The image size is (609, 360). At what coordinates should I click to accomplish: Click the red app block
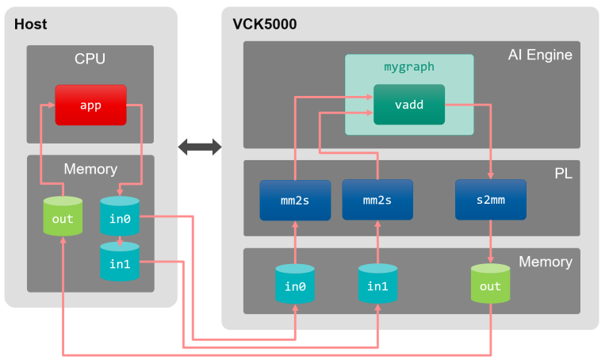(x=90, y=105)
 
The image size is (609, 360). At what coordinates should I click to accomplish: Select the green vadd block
(x=408, y=104)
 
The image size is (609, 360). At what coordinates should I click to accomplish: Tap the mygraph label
(x=408, y=67)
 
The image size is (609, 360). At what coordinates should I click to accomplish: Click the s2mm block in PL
(x=490, y=200)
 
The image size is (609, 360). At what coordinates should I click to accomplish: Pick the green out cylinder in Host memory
(x=63, y=218)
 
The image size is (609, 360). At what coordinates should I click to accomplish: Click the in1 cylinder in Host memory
(x=119, y=262)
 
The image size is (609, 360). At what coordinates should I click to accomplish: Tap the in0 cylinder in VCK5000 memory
(x=295, y=285)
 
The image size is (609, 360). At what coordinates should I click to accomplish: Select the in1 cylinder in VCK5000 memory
(x=377, y=285)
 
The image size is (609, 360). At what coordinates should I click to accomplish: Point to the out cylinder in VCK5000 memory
(x=490, y=285)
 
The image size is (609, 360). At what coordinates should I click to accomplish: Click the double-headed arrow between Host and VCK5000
(x=200, y=147)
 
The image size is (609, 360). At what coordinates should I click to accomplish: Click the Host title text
(x=31, y=25)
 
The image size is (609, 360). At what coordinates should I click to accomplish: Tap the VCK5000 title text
(x=264, y=25)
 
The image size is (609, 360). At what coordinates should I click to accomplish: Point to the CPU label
(x=90, y=59)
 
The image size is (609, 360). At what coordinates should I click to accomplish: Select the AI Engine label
(x=540, y=55)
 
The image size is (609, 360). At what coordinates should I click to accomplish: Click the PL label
(x=563, y=173)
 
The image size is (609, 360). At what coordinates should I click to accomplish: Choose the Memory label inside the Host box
(x=90, y=169)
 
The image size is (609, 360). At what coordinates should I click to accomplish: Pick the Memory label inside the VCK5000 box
(x=545, y=262)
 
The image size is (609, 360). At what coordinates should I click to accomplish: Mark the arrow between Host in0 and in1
(x=119, y=239)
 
